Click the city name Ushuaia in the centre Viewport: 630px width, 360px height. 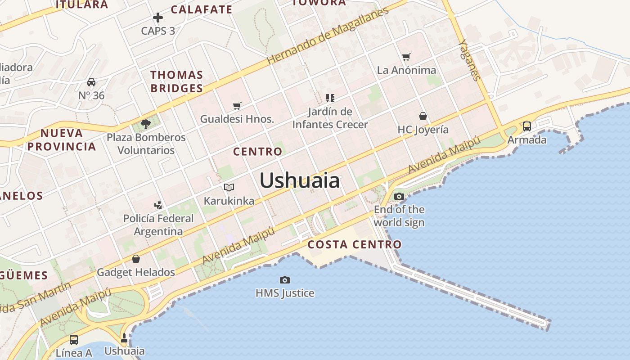click(x=300, y=180)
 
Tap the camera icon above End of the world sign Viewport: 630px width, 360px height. click(x=399, y=196)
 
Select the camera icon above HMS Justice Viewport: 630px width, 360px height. click(x=285, y=280)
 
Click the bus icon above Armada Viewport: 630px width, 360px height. click(x=527, y=126)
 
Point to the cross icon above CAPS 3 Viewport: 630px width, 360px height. click(x=158, y=18)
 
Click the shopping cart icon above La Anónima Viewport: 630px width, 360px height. click(x=406, y=57)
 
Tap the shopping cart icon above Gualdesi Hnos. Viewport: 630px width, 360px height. click(x=237, y=106)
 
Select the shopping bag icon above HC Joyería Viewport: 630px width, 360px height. click(x=423, y=116)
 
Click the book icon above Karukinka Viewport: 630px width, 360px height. click(x=229, y=187)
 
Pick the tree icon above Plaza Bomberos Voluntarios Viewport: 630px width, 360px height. click(x=145, y=123)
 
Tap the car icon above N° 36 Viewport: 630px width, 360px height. click(x=91, y=82)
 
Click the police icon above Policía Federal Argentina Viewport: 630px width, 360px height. click(x=158, y=205)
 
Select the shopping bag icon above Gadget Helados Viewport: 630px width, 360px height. click(x=136, y=259)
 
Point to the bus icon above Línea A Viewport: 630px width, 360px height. click(x=74, y=339)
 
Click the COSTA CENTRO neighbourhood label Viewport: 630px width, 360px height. click(x=355, y=245)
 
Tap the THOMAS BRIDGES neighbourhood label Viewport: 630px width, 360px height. click(x=177, y=81)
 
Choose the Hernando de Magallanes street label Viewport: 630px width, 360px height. click(x=327, y=36)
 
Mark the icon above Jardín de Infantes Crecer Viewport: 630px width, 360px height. click(x=330, y=98)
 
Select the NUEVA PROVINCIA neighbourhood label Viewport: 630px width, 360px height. click(x=62, y=139)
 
